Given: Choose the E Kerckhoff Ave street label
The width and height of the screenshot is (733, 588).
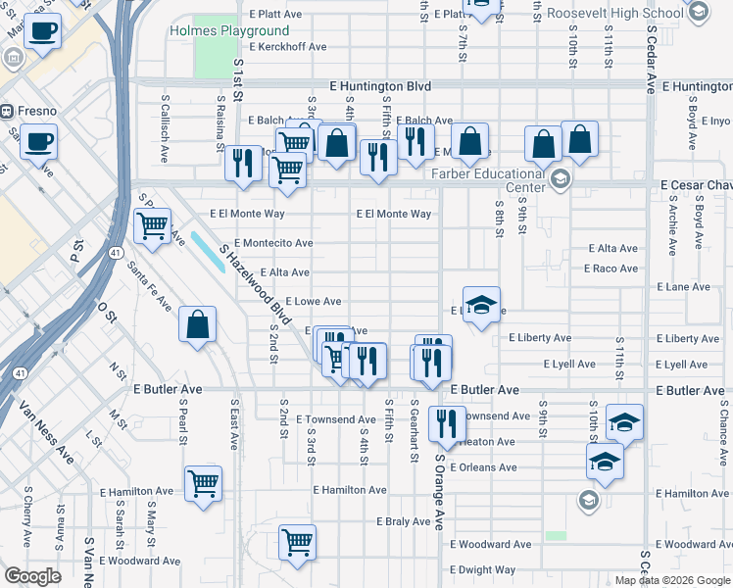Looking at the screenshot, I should [x=287, y=47].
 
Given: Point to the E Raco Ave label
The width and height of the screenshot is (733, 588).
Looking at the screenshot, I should [x=611, y=269].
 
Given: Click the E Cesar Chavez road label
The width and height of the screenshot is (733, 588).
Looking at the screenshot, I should [x=696, y=184].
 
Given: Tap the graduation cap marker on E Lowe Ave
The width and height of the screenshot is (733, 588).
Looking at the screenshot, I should [x=481, y=306].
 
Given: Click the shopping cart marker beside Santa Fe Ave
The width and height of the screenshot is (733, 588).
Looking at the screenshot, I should [x=152, y=227].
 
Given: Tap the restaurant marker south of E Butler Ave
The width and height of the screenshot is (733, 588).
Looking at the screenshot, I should [x=446, y=424].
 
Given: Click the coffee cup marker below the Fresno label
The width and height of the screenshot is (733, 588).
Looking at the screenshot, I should [x=38, y=141].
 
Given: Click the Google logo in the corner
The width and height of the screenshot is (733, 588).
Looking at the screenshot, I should [x=33, y=576].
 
